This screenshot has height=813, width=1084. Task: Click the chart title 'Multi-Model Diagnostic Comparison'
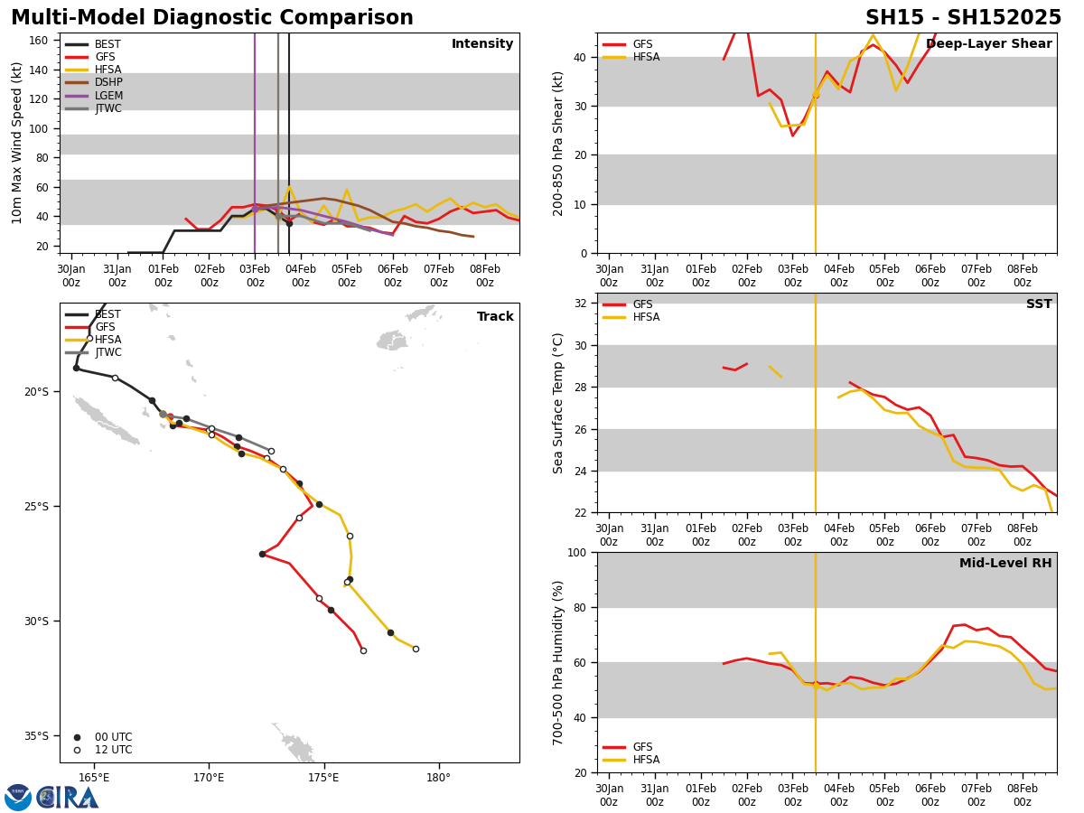[212, 18]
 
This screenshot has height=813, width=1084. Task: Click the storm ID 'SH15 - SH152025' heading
[963, 18]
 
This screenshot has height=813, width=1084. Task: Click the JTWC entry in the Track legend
[107, 352]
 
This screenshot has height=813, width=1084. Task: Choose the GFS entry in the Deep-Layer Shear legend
[640, 44]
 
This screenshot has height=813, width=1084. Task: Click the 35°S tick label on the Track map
[36, 735]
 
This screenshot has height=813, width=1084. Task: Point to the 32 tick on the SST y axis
[582, 304]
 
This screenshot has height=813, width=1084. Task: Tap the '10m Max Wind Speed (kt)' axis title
[17, 143]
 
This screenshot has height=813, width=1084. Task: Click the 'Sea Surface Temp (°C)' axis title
[558, 403]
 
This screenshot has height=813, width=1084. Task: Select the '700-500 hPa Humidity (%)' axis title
[558, 662]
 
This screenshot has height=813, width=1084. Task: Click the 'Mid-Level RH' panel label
[1005, 564]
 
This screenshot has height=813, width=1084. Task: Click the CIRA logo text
[68, 798]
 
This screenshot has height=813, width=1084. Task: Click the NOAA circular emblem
[18, 798]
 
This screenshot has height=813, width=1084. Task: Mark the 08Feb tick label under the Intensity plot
[485, 276]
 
